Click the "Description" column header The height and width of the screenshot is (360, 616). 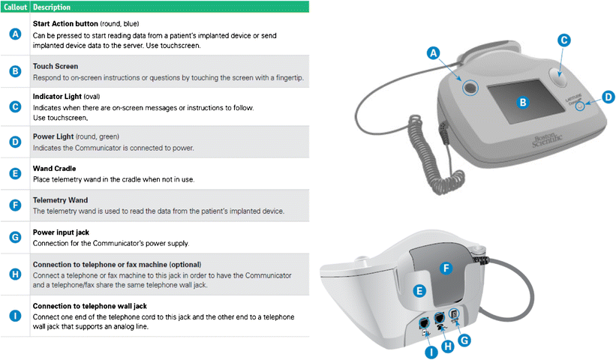click(x=52, y=7)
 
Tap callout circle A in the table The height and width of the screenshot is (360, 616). click(x=15, y=34)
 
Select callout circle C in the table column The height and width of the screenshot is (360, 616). click(x=15, y=106)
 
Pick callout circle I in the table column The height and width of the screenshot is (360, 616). click(x=15, y=316)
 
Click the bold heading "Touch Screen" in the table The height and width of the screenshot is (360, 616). click(x=56, y=66)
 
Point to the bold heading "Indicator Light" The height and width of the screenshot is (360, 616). click(x=59, y=97)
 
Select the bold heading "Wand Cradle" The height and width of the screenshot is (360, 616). click(x=54, y=169)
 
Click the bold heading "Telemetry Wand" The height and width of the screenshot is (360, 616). click(x=60, y=200)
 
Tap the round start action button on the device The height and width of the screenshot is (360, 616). click(x=470, y=88)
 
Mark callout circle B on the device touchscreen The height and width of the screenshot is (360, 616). click(x=523, y=100)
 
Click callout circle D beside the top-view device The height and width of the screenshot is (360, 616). click(x=607, y=97)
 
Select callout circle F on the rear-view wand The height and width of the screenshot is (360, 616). click(x=445, y=267)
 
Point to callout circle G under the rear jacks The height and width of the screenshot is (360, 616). click(x=464, y=340)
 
